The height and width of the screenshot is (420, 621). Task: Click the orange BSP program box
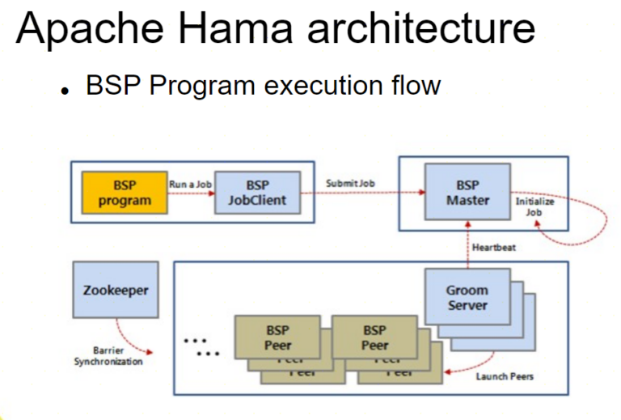point(125,193)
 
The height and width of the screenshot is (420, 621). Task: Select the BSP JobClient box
point(257,193)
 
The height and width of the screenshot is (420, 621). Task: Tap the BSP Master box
point(467,192)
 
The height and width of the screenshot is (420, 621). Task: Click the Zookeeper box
point(115,290)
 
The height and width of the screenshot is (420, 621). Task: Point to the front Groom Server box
point(467,298)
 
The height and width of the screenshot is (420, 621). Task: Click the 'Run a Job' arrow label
point(191,185)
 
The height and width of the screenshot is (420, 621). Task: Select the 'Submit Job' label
point(350,184)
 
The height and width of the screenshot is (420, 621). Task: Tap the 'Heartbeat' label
point(494,248)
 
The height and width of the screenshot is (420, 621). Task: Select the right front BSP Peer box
point(374,337)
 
